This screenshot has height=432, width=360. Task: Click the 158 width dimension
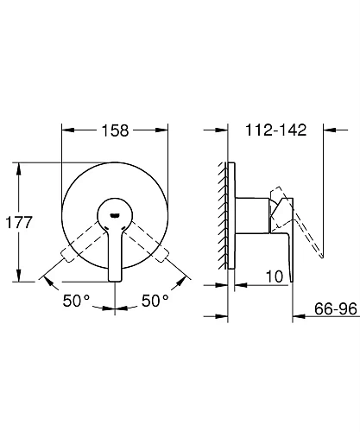click(115, 130)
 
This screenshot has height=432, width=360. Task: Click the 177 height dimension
click(19, 222)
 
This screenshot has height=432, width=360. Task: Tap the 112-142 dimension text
click(275, 130)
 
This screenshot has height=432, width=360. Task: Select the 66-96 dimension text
click(336, 308)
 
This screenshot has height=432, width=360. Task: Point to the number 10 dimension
click(275, 276)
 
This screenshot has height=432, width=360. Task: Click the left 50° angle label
click(76, 301)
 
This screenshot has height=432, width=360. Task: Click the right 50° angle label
click(155, 301)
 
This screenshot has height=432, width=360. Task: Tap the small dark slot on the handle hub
click(115, 215)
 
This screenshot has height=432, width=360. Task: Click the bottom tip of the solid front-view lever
click(115, 281)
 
